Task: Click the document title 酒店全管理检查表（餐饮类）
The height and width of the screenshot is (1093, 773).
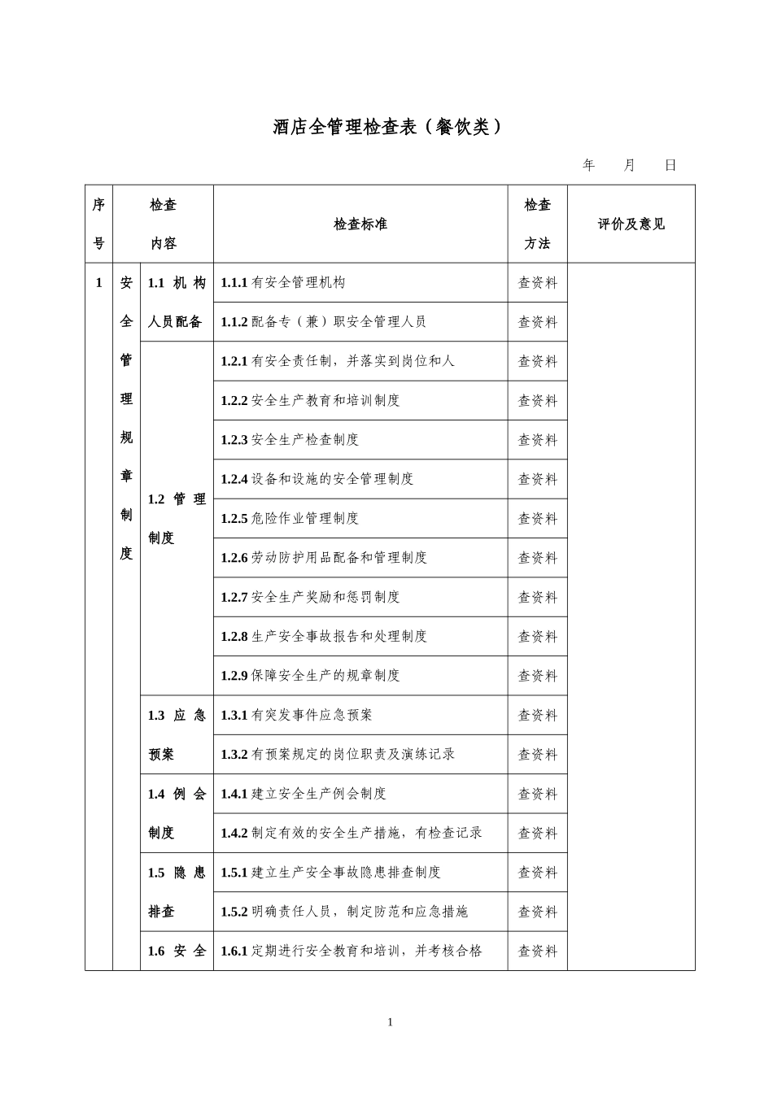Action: [x=387, y=127]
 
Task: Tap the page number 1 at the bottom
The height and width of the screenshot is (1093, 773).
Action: [x=391, y=1022]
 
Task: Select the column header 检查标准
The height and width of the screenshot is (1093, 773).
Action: [x=360, y=224]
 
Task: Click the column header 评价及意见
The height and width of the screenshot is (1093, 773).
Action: [x=631, y=224]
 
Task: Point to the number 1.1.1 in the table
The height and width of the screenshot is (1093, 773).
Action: [x=234, y=283]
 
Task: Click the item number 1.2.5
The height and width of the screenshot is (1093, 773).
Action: [x=234, y=519]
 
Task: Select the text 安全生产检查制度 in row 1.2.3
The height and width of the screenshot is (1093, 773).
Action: [x=305, y=440]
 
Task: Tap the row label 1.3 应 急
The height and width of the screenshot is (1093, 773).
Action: [x=177, y=716]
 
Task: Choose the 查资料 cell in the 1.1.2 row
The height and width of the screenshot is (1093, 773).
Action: [x=538, y=322]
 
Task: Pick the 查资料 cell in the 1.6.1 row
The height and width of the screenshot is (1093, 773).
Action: [x=538, y=951]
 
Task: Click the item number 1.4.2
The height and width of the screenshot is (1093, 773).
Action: [x=234, y=833]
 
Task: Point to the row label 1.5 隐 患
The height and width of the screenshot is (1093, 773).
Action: [x=177, y=873]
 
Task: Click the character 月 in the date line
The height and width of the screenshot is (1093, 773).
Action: [x=630, y=165]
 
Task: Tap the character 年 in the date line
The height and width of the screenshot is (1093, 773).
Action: [x=589, y=165]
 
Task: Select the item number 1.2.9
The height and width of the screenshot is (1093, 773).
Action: [x=234, y=676]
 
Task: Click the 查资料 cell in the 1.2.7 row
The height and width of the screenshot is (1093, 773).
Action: [x=538, y=598]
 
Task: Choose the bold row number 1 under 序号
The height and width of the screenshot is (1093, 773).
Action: [x=99, y=283]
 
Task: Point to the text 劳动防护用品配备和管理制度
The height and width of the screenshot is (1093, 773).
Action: [x=339, y=558]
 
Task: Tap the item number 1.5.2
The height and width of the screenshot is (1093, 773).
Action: [x=234, y=912]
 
